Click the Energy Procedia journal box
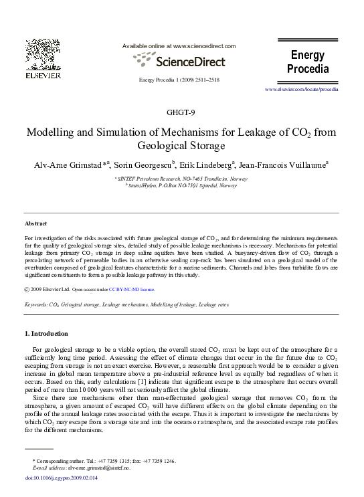307,62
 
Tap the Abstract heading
35,223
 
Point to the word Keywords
35,304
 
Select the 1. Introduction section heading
45,333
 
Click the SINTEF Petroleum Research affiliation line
181,179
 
